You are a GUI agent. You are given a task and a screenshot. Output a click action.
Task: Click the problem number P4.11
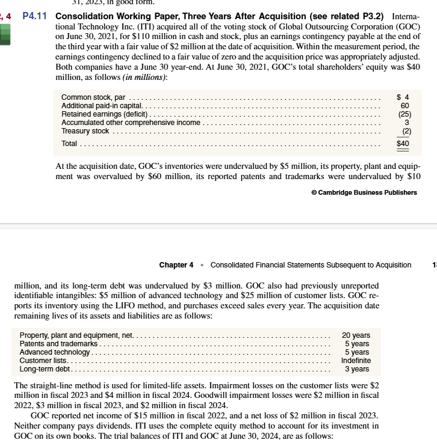coord(35,16)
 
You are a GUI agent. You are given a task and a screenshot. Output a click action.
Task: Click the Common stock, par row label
coord(93,97)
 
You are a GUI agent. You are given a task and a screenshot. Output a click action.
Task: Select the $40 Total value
coord(403,144)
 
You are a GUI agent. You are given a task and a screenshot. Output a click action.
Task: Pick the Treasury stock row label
coord(85,131)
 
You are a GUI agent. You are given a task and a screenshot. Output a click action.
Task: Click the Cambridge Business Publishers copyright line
coord(364,192)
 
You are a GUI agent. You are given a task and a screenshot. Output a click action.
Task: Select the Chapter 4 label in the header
coord(176,265)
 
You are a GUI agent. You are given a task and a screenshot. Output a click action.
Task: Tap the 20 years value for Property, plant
coord(356,335)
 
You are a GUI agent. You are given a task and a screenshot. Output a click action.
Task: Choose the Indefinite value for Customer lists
coord(356,360)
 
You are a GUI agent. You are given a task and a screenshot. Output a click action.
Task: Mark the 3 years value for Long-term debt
coord(356,368)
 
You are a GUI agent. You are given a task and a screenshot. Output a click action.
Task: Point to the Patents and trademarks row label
coord(58,343)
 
